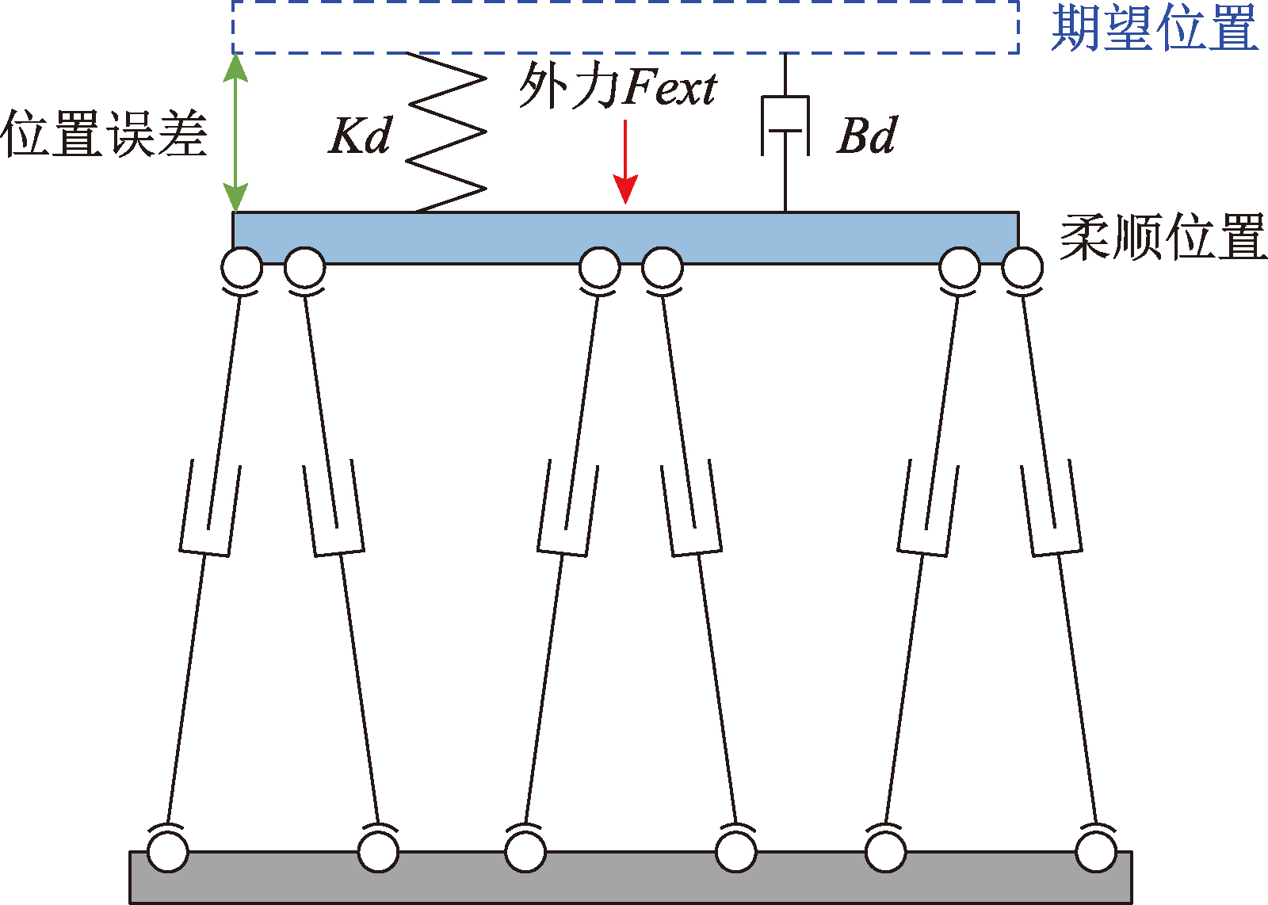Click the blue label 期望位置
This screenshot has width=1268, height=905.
coord(1155,29)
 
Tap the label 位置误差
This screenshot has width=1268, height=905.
coord(104,134)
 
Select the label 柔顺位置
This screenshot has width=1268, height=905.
coord(1163,237)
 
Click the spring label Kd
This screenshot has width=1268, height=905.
coord(360,136)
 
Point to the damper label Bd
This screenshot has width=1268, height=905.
coord(866,136)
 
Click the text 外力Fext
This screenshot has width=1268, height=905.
coord(618,86)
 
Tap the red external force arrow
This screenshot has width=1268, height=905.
coord(625,162)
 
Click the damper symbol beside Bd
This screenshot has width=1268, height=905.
coord(785,126)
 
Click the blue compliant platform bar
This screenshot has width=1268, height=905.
coord(626,238)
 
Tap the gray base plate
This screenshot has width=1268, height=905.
coord(631,877)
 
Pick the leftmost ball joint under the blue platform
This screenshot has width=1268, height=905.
coord(242,268)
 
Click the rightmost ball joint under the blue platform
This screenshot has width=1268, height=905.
coord(1022,268)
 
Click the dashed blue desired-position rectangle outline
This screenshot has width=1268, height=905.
coord(625,54)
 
